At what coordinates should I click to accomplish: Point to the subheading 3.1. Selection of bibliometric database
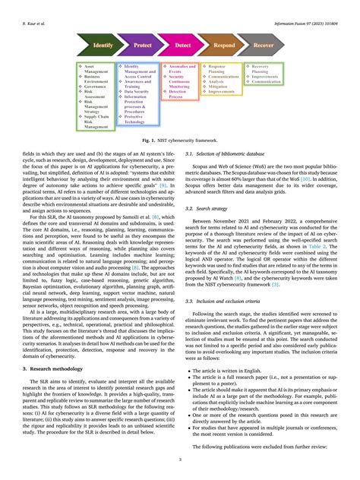pos(229,154)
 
